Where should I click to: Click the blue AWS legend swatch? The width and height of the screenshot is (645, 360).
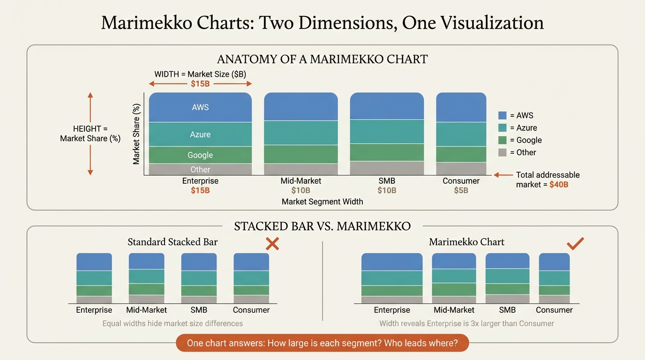[x=502, y=115]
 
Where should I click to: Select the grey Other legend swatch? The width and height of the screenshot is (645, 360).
[x=502, y=152]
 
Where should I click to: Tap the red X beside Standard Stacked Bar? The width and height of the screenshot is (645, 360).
[x=272, y=243]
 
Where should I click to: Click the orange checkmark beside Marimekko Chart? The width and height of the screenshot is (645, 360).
[x=575, y=243]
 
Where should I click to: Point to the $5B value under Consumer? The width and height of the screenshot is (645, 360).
[x=461, y=191]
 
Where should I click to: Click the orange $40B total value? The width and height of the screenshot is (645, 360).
[x=559, y=185]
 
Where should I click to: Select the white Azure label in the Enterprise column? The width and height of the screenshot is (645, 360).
[x=200, y=135]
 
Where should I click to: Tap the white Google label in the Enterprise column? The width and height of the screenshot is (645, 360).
[x=200, y=155]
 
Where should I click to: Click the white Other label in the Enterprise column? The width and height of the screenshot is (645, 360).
[x=200, y=170]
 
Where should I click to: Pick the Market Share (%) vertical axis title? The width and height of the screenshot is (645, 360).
[x=136, y=134]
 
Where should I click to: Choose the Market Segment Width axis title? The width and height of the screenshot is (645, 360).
[x=322, y=202]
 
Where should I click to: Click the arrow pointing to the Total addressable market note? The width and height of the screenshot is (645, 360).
[x=503, y=175]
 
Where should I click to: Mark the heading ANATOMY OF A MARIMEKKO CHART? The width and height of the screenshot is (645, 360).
[x=322, y=60]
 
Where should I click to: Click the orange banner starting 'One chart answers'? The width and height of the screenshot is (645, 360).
[x=322, y=343]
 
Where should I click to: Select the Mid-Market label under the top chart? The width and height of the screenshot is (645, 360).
[x=301, y=181]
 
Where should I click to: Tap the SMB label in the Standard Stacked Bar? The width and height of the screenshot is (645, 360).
[x=199, y=310]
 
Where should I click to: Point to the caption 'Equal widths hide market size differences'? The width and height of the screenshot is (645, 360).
[x=172, y=323]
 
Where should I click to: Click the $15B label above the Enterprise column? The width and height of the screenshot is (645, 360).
[x=200, y=84]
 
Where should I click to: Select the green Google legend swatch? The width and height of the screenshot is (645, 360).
[x=502, y=140]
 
